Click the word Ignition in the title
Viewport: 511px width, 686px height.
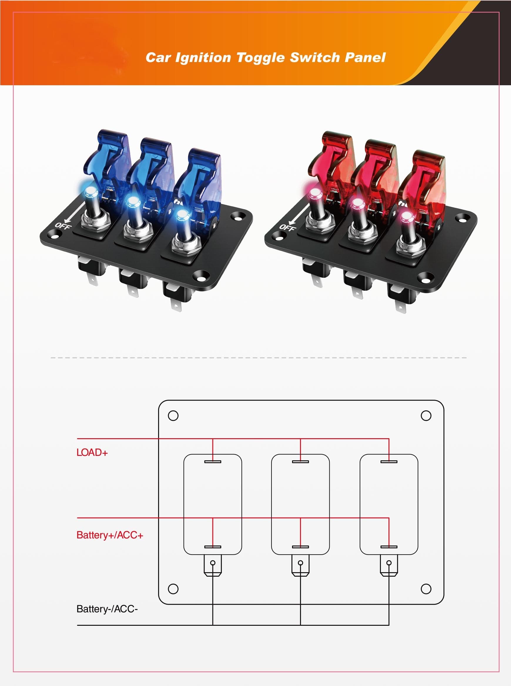(203, 58)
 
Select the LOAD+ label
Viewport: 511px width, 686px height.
(92, 452)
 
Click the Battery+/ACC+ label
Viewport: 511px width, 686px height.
(110, 535)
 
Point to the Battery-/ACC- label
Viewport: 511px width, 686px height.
(107, 609)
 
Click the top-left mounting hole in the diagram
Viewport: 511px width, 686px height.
(173, 416)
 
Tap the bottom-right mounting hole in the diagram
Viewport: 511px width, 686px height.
(426, 589)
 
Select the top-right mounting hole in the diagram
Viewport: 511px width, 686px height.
(426, 416)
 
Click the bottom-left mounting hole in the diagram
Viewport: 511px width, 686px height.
(173, 589)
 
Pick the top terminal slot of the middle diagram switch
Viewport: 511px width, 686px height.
(300, 462)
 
